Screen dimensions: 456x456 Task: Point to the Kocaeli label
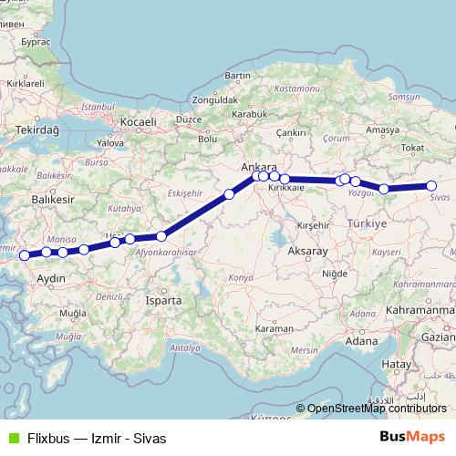coord(138,121)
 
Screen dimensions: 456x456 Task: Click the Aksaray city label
coord(306,249)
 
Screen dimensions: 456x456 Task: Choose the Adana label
coord(362,340)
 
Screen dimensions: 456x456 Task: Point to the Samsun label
coord(403,97)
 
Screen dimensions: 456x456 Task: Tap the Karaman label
coord(275,327)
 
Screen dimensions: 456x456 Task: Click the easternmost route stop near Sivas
coord(431,187)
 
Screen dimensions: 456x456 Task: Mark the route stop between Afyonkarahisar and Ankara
coord(230,193)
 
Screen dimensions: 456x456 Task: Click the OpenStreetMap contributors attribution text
coord(377,409)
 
